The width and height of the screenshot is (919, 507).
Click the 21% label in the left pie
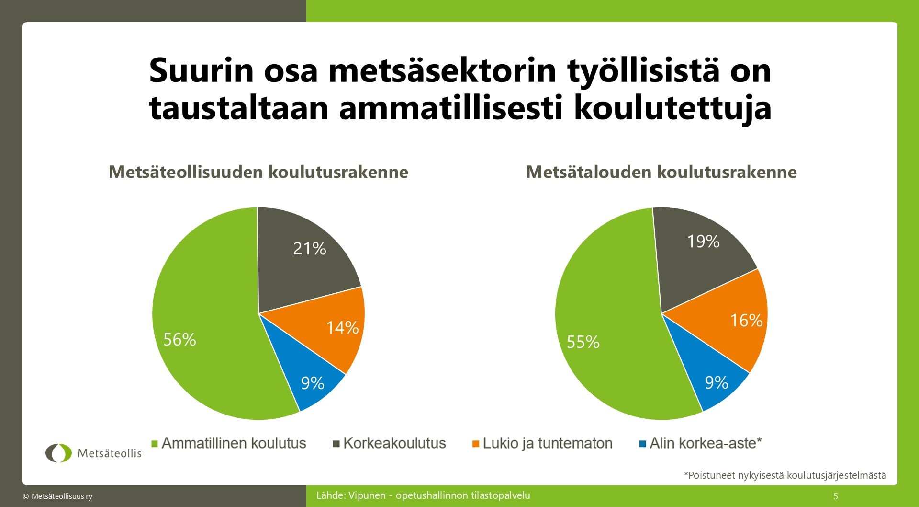[310, 249]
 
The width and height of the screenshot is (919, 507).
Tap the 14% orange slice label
[342, 328]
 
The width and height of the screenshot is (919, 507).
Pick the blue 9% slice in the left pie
[313, 383]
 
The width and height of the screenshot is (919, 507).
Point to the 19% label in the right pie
[703, 242]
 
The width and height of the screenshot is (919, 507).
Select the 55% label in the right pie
[583, 342]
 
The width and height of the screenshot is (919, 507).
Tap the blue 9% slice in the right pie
[717, 383]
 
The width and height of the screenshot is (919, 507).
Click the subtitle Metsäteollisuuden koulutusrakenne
[258, 172]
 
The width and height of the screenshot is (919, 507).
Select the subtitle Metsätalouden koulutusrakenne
[661, 172]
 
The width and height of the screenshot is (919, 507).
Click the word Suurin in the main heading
[201, 70]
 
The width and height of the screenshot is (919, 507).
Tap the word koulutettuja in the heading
[672, 108]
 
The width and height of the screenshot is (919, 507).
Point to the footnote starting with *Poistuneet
[785, 475]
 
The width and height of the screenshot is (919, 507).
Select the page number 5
[836, 496]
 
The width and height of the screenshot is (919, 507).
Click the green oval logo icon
[58, 453]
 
